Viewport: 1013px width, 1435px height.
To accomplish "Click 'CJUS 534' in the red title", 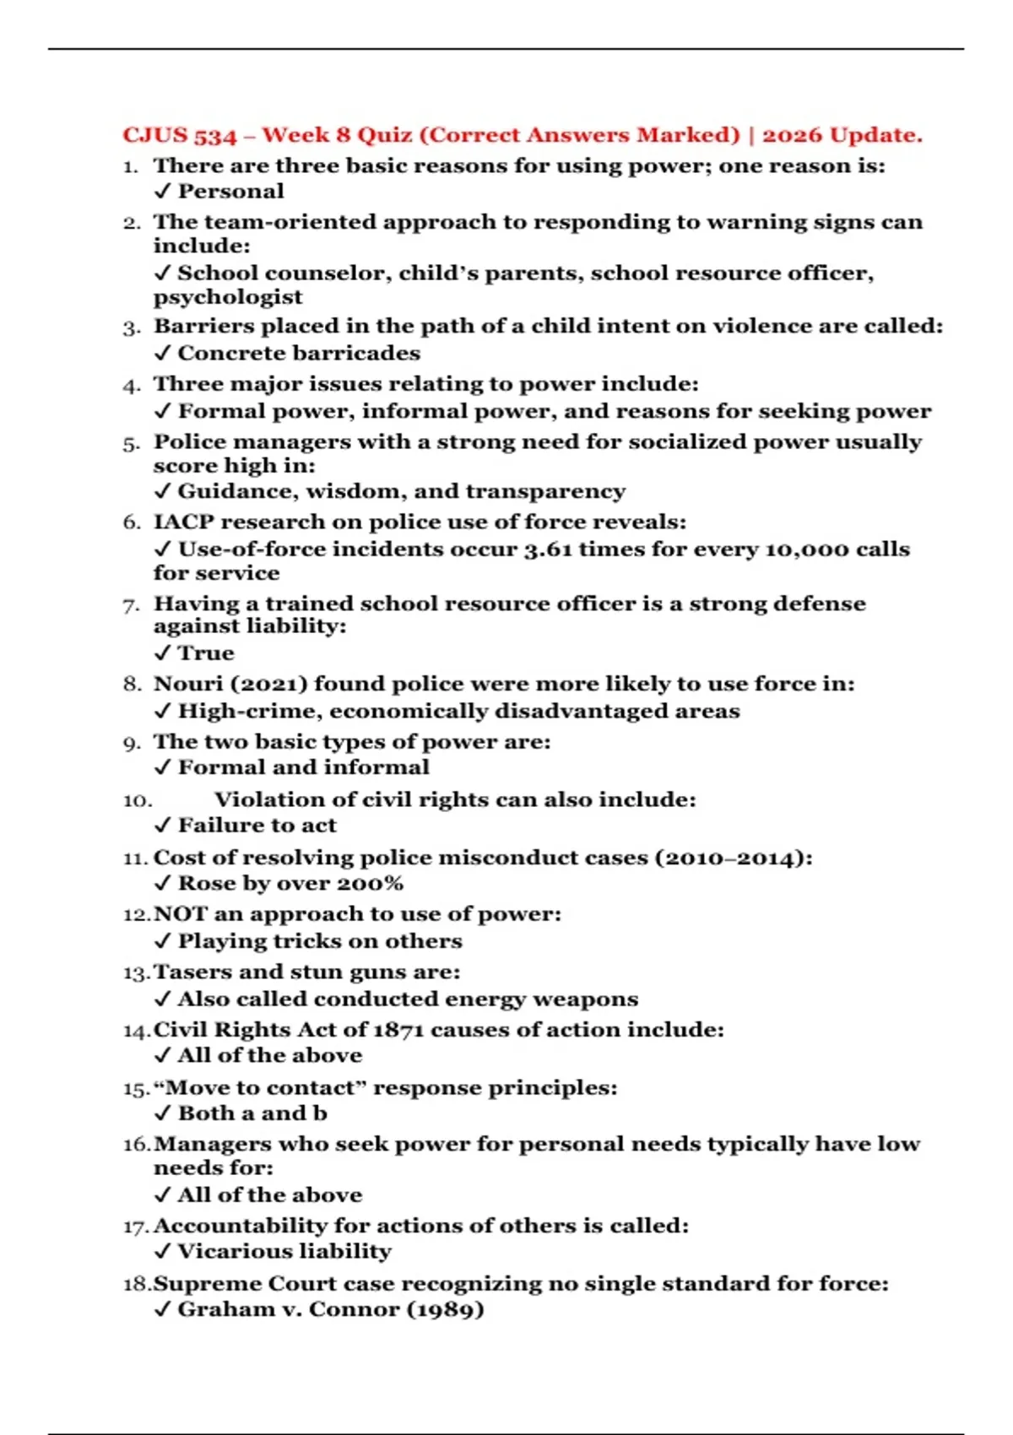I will (180, 135).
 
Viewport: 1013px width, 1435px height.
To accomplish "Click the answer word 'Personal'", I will (230, 192).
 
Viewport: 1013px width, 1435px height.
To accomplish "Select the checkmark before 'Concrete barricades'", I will (163, 353).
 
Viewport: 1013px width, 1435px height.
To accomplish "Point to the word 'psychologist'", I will (228, 297).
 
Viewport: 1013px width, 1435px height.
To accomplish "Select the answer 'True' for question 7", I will (206, 653).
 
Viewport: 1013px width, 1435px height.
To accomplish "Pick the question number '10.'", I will (138, 800).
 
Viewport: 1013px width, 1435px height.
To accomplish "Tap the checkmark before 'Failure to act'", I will (163, 825).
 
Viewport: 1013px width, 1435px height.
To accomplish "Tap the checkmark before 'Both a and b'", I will (163, 1113).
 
